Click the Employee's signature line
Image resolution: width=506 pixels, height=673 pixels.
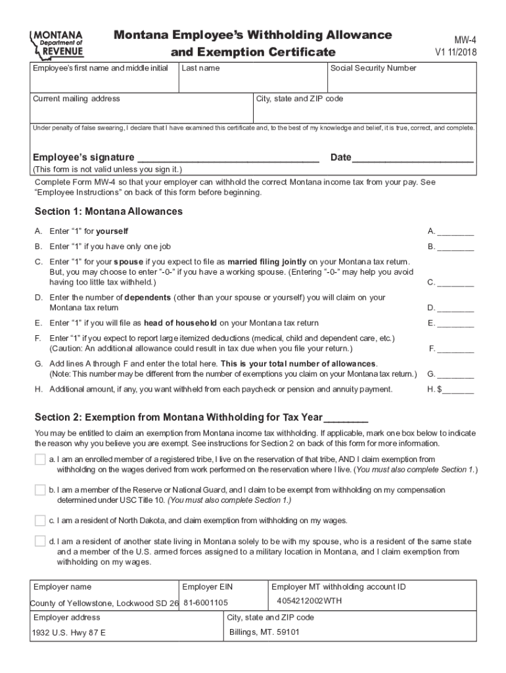tap(228, 158)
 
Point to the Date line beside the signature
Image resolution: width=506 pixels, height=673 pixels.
tap(413, 158)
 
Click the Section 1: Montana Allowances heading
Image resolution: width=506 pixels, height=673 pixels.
tap(108, 212)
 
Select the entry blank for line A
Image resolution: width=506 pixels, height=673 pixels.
tap(455, 231)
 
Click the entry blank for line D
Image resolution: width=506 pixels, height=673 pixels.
tap(455, 308)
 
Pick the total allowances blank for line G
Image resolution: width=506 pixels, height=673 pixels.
tap(455, 375)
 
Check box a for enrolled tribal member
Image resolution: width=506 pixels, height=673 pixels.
tap(40, 459)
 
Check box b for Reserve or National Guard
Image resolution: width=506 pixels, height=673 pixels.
tap(40, 490)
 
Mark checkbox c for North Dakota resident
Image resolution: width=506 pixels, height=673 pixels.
tap(40, 521)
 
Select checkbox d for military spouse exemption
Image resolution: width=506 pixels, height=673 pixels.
tap(40, 542)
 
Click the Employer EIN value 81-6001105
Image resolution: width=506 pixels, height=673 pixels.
tap(206, 603)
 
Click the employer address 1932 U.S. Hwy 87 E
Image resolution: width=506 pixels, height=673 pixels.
tap(68, 633)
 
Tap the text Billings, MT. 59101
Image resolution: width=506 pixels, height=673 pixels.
tap(264, 632)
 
